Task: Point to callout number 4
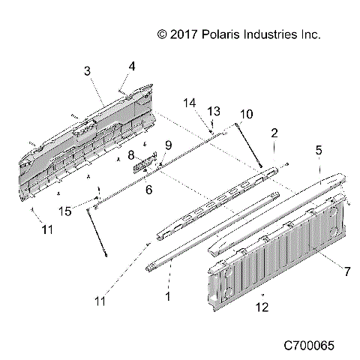pyautogui.click(x=131, y=66)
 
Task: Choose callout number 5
pyautogui.click(x=319, y=150)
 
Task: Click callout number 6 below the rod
pyautogui.click(x=148, y=190)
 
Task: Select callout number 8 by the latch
pyautogui.click(x=130, y=155)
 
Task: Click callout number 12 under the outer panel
pyautogui.click(x=259, y=306)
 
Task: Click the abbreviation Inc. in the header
pyautogui.click(x=311, y=34)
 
